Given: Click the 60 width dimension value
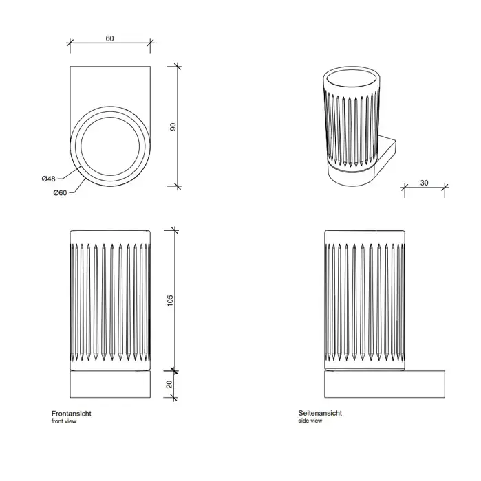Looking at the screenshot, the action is tap(109, 38).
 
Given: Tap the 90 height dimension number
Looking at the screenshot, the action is tap(173, 126).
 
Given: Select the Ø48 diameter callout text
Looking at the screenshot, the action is tap(49, 179).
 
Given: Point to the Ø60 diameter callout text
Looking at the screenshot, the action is tap(60, 192).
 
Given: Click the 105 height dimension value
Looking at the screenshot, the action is tap(170, 301).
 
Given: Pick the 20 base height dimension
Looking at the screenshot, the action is tap(169, 384).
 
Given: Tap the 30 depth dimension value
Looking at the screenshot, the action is tap(424, 183).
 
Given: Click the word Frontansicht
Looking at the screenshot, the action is tap(72, 414).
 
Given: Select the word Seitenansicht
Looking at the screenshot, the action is tap(320, 413).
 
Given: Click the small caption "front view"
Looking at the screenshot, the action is tap(64, 421).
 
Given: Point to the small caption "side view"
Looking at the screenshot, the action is tap(310, 421).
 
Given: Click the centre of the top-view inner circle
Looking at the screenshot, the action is tap(110, 146).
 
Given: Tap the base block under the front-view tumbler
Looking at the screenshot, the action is tap(110, 384).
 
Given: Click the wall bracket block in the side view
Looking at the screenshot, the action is tap(385, 384).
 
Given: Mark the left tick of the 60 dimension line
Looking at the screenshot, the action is tap(70, 43).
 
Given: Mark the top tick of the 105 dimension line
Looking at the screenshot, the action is tap(175, 230).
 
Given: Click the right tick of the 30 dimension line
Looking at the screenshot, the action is tap(445, 186).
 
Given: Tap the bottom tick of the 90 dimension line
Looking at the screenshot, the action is tap(178, 186).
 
